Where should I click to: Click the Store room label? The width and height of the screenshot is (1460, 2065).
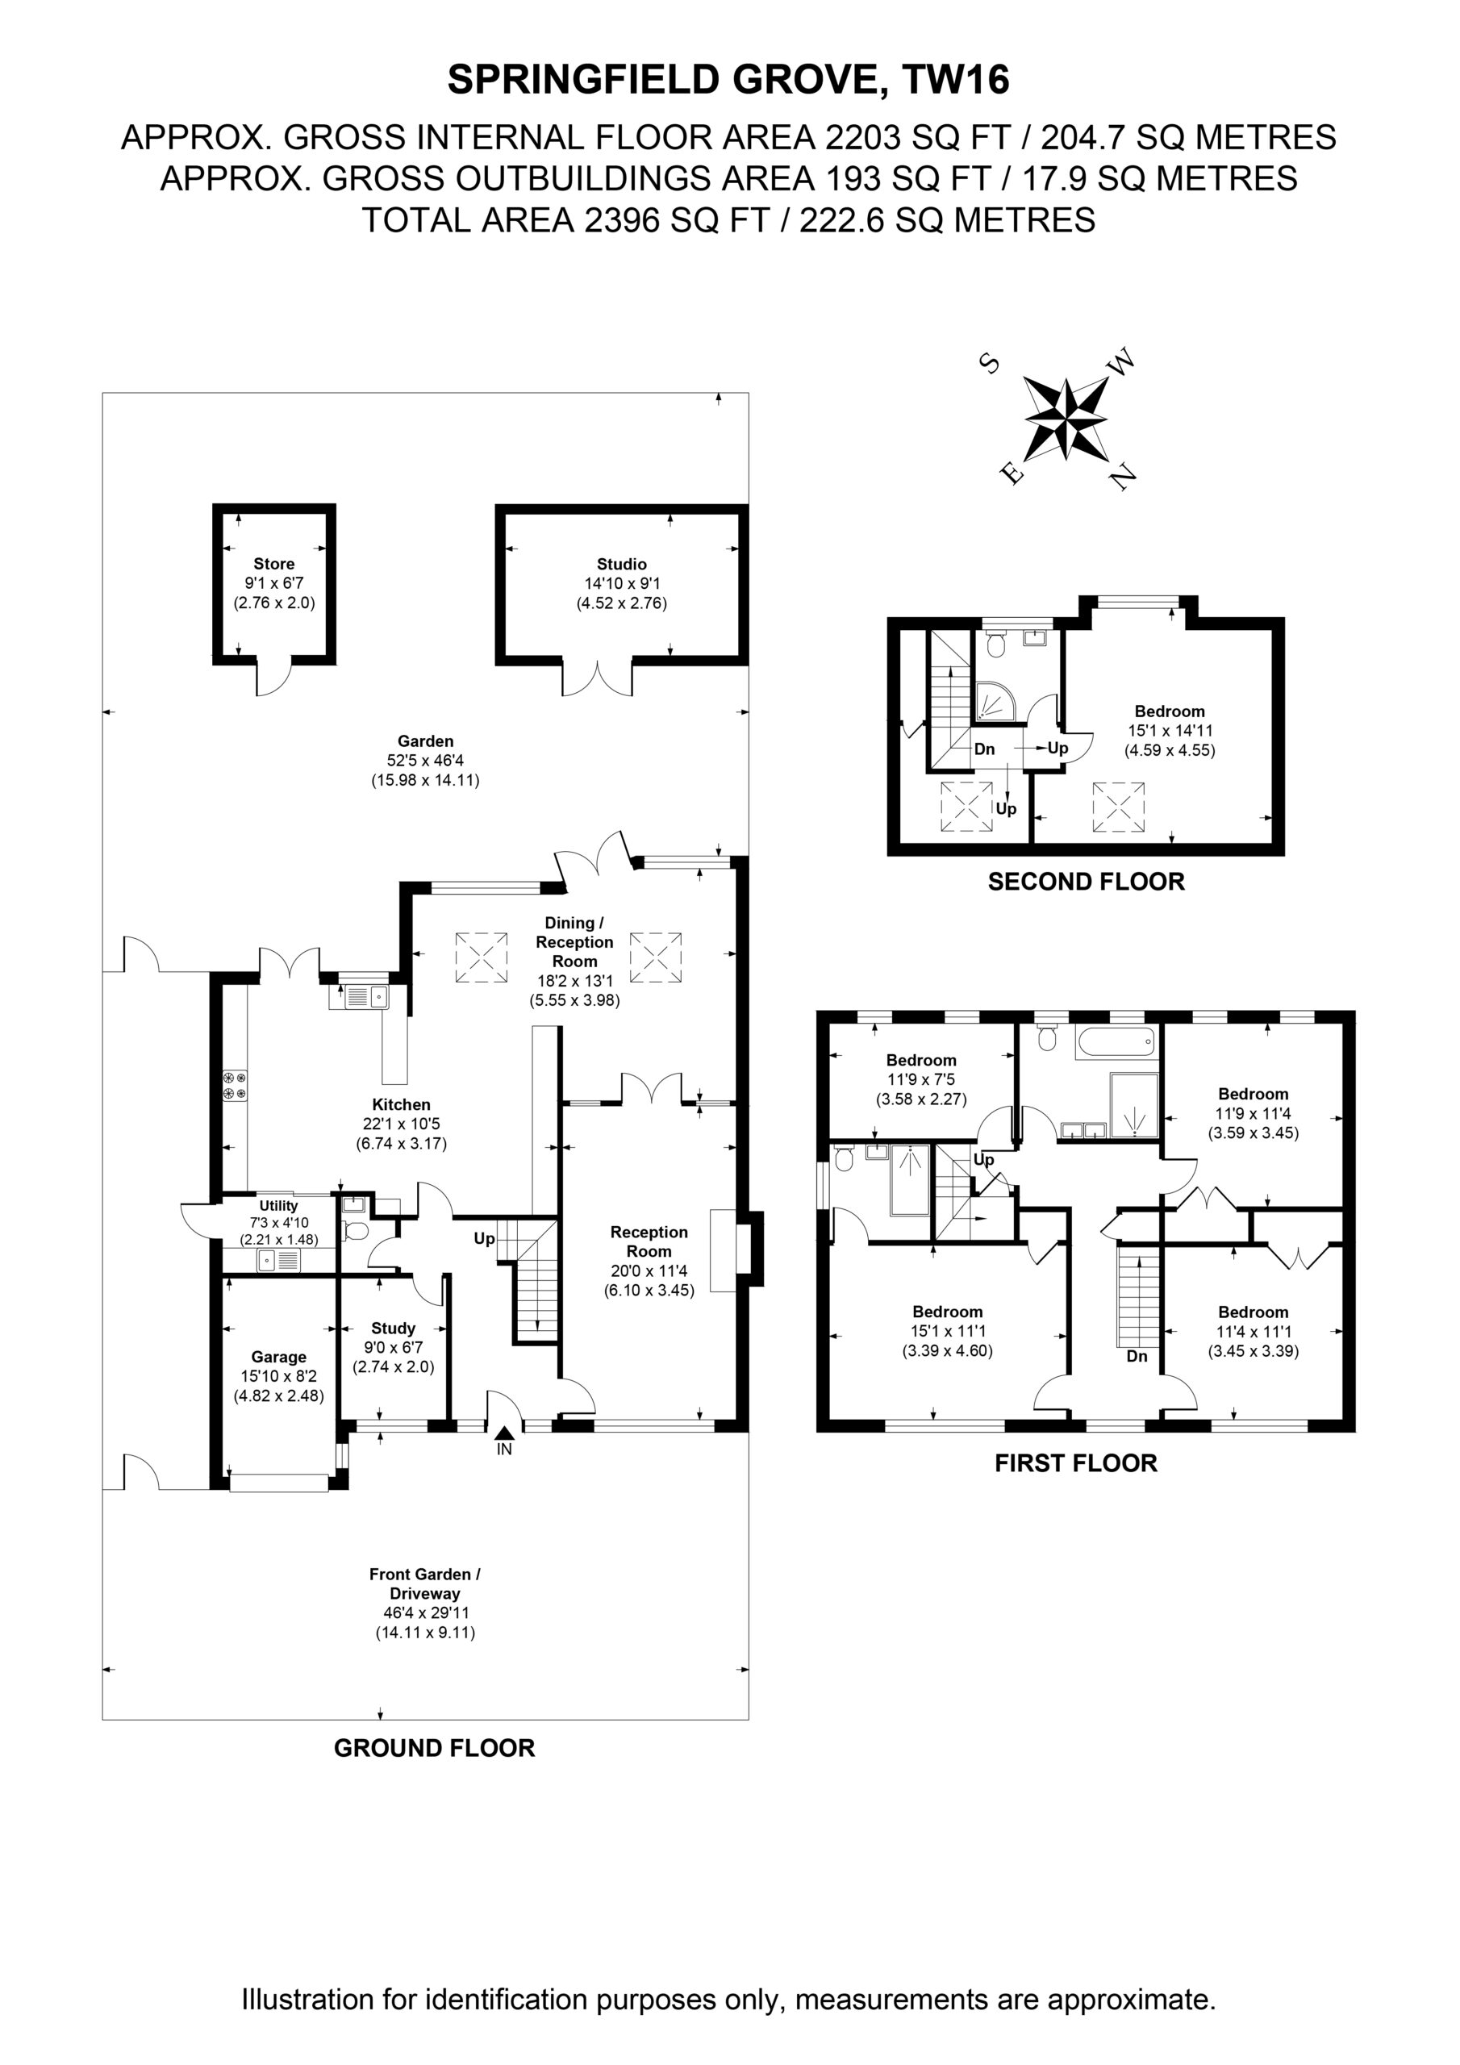point(273,564)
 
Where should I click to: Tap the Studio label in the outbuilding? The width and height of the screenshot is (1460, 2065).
point(622,564)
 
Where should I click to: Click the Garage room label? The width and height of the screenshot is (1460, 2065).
point(279,1358)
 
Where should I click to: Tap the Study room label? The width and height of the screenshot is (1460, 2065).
point(393,1329)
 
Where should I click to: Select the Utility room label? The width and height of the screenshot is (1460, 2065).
point(279,1206)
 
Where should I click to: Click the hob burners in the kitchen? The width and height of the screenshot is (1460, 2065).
point(235,1085)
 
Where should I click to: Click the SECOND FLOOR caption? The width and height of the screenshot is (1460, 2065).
point(1086,882)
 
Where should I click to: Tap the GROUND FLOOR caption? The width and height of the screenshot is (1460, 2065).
point(435,1749)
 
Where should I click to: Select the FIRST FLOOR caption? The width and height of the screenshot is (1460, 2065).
point(1076,1463)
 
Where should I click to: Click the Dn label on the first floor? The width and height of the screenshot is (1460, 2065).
point(1137,1356)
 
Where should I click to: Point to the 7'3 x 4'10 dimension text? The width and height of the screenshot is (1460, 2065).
point(279,1223)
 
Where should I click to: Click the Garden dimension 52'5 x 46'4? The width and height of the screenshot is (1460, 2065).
point(425,761)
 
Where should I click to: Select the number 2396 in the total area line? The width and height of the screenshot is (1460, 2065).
point(621,220)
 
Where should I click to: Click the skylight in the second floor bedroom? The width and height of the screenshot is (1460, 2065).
point(1119,807)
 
